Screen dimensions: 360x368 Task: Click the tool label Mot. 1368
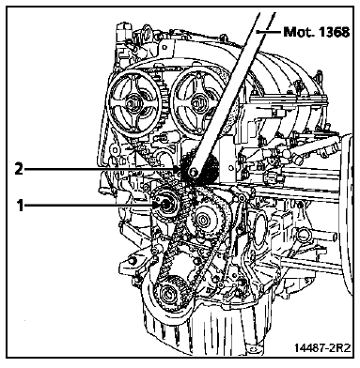(316, 32)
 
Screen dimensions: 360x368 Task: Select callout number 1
(21, 206)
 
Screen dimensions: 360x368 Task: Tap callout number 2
(19, 169)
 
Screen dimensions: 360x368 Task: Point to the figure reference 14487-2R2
(322, 347)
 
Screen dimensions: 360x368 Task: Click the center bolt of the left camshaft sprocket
(131, 103)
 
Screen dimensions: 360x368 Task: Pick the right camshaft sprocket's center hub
(196, 102)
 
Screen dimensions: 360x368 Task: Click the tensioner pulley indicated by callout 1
(165, 204)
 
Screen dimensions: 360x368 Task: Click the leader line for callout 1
(88, 206)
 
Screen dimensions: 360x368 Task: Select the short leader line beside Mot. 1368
(268, 31)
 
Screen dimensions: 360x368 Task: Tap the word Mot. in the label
(298, 32)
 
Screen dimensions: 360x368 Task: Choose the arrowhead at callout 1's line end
(156, 205)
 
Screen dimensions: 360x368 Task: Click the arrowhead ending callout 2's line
(175, 169)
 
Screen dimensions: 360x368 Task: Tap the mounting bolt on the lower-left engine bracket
(132, 260)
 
